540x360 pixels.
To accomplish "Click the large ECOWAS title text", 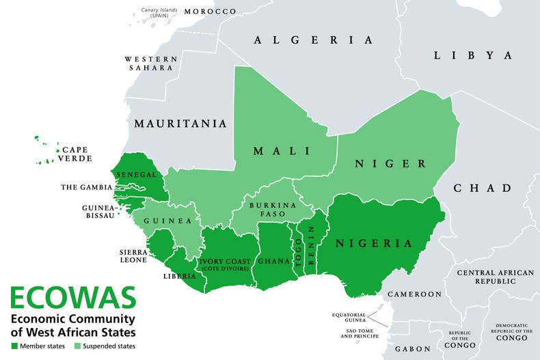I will [72, 299].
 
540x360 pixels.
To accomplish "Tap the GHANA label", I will [273, 261].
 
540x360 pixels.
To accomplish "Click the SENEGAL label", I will [138, 175].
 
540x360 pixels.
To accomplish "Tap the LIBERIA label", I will [180, 277].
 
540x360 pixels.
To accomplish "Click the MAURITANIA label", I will [180, 124].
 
